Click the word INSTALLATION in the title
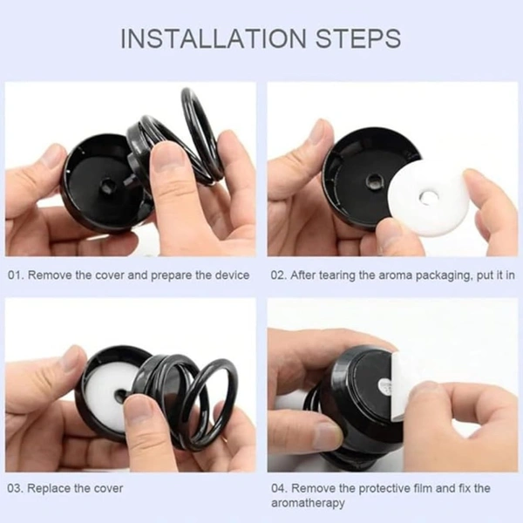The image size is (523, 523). click(214, 38)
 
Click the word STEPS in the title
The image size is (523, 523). click(358, 38)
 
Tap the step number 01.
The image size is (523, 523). click(17, 275)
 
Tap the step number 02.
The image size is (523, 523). click(279, 275)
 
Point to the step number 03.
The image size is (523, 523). click(16, 489)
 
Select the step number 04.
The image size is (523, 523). click(280, 489)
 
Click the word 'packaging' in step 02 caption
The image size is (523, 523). click(445, 275)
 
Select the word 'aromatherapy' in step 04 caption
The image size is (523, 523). click(308, 503)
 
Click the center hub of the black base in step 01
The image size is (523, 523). click(107, 185)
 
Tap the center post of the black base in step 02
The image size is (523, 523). click(373, 182)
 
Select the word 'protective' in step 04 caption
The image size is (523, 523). click(364, 489)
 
